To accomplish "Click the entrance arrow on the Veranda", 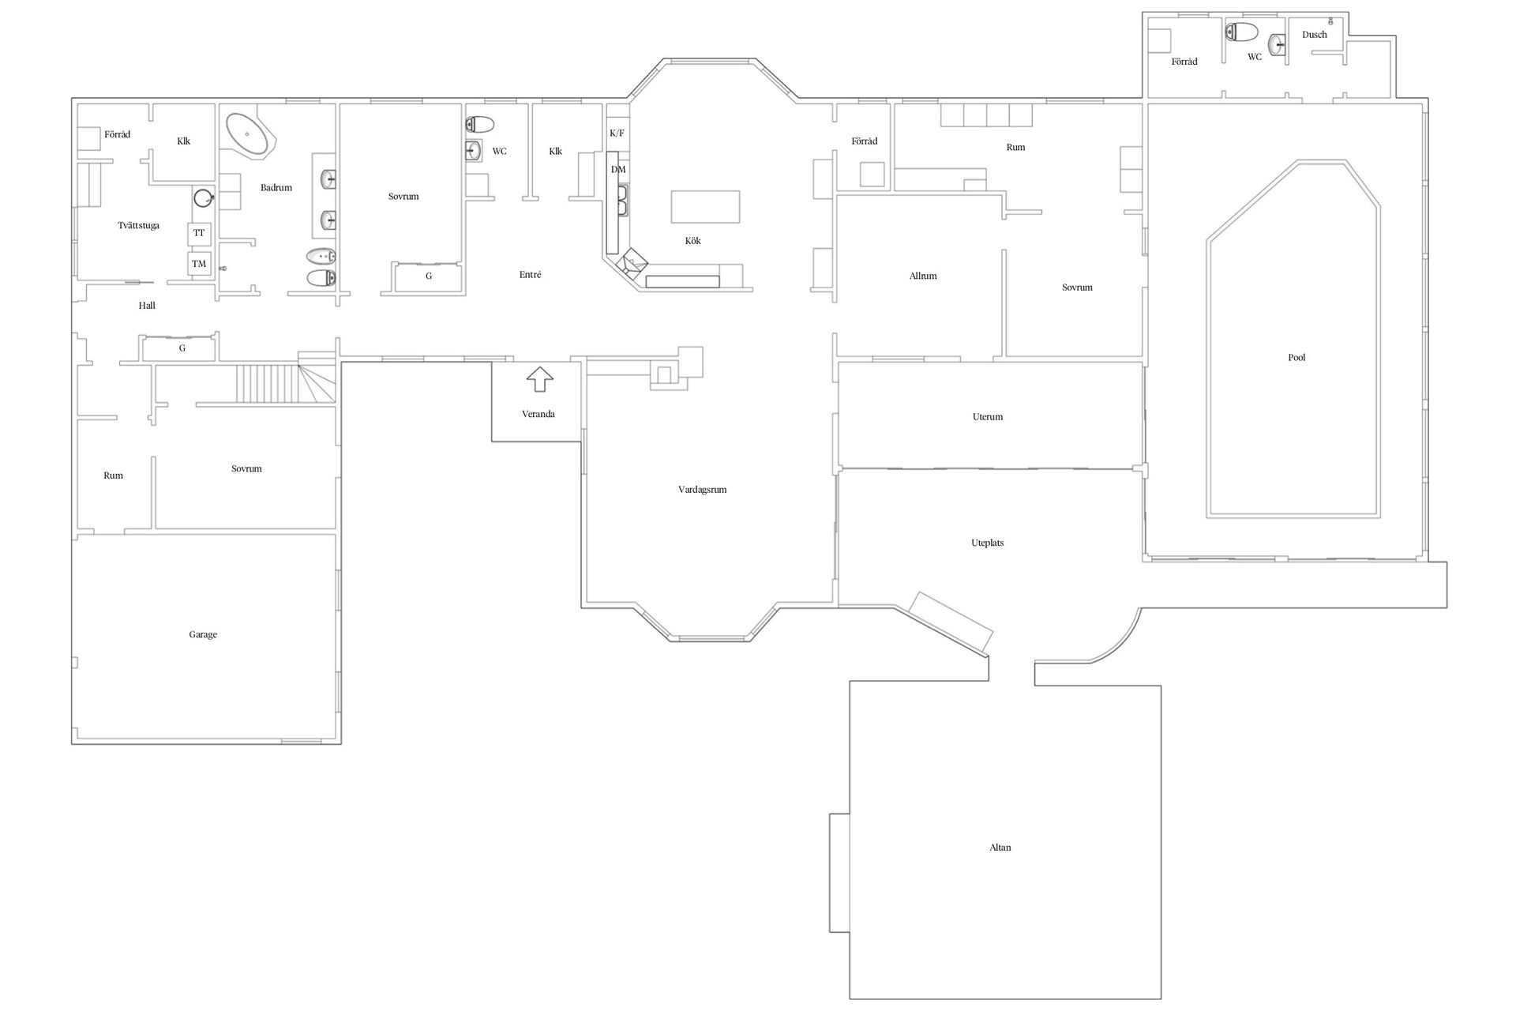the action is coord(540,380).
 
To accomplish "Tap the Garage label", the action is coord(203,634).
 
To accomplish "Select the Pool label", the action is coord(1296,358).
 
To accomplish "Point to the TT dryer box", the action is coord(199,234).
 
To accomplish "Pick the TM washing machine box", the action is coord(199,264).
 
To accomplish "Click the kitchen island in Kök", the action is coord(706,207).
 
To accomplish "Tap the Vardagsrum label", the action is coord(702,490).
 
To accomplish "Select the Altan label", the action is coord(1000,848).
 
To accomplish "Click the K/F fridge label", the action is coord(617,133).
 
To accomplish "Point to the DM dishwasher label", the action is coord(618,170).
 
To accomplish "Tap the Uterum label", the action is coord(988,417).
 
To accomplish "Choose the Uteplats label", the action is coord(987,543).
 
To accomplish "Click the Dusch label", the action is coord(1315,35).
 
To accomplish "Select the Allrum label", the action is coord(923,276).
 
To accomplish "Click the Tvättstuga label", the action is coord(138,226).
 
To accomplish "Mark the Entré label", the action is coord(531,275).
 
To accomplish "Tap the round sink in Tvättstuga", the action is coord(205,197).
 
